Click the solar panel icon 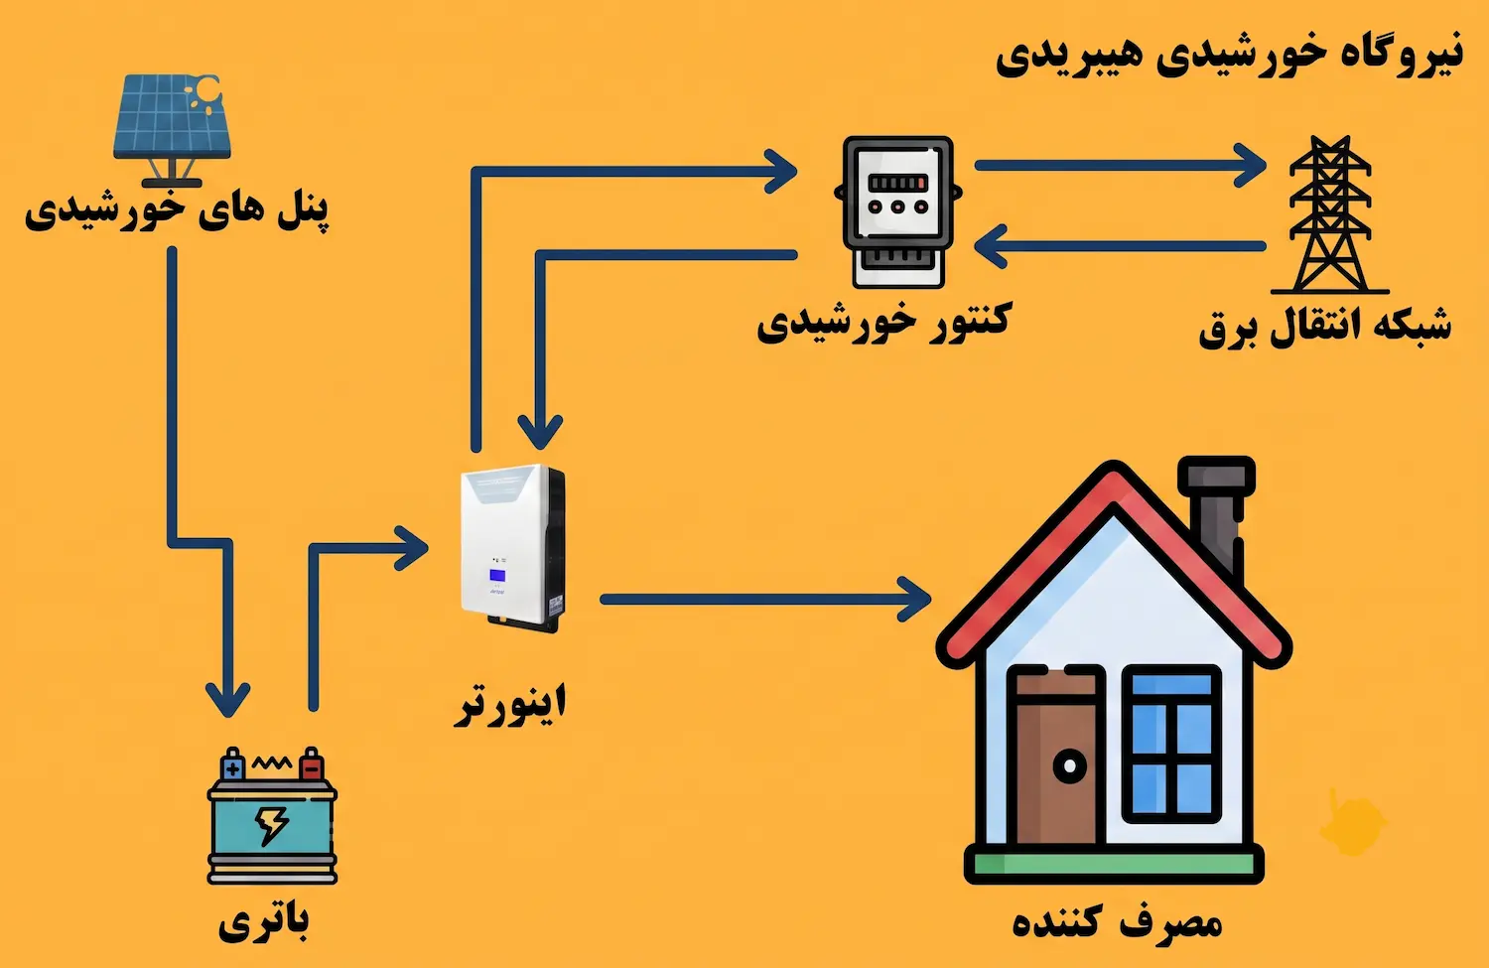tap(173, 130)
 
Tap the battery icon tap(272, 816)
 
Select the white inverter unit tap(512, 548)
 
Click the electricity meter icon tap(898, 211)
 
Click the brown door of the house tap(1056, 758)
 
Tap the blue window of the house tap(1171, 744)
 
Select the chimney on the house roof tap(1217, 512)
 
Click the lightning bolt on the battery tap(271, 825)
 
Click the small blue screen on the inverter tap(497, 575)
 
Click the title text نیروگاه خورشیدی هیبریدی tap(1229, 55)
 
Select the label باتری tap(263, 921)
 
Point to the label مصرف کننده tap(1117, 921)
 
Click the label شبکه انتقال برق tap(1325, 327)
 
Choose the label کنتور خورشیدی tap(884, 322)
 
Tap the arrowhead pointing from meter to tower tap(1250, 166)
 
